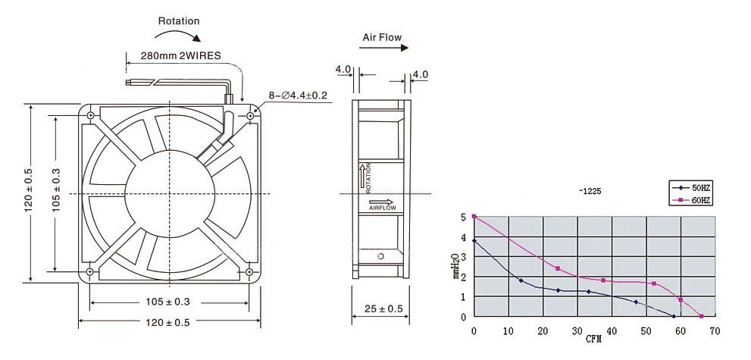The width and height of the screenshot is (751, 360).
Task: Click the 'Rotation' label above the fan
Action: tap(179, 21)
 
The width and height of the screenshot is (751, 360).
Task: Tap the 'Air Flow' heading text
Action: tap(382, 37)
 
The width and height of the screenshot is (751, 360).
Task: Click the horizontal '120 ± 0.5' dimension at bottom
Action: tap(168, 322)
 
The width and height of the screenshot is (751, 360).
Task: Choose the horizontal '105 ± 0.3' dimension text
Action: tap(168, 302)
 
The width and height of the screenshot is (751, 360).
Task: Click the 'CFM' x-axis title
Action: tap(593, 339)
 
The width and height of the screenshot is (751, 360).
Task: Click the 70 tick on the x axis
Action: tap(715, 330)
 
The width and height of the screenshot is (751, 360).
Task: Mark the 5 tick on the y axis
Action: tap(464, 218)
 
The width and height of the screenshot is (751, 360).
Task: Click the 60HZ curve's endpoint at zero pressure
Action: tap(702, 316)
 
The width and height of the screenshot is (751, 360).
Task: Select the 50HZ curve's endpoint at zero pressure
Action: tap(674, 316)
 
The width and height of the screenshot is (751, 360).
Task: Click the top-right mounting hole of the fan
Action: tap(250, 115)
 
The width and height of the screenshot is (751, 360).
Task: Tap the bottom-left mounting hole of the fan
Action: tap(91, 271)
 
